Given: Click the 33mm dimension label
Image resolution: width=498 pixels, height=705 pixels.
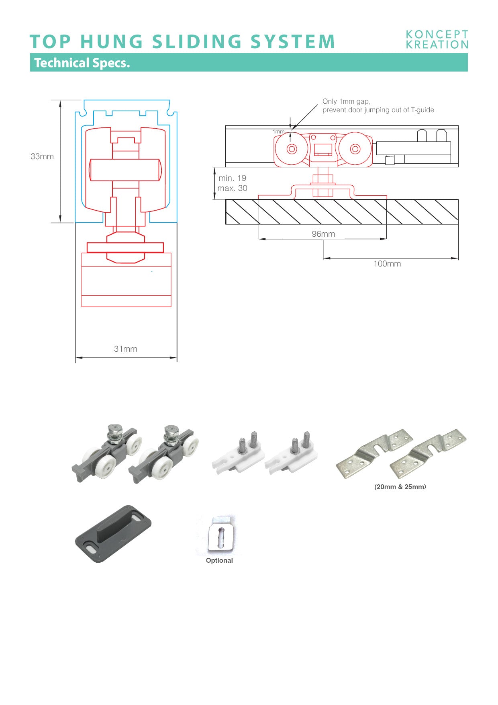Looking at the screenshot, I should pyautogui.click(x=42, y=156).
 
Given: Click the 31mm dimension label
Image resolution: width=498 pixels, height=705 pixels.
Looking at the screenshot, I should pyautogui.click(x=125, y=349).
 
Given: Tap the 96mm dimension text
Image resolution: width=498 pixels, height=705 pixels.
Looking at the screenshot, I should pyautogui.click(x=323, y=234).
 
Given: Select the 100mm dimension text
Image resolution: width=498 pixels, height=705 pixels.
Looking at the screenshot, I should pyautogui.click(x=387, y=264).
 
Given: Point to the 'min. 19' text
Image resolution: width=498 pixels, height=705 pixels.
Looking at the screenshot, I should pyautogui.click(x=232, y=178).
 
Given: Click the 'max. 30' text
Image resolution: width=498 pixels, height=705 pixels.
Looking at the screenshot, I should pyautogui.click(x=232, y=188).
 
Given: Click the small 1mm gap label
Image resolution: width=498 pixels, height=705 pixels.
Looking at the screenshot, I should pyautogui.click(x=278, y=132).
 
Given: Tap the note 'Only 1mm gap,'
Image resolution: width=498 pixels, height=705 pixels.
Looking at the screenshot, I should pyautogui.click(x=346, y=101).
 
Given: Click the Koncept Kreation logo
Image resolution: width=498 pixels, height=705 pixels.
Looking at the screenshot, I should pyautogui.click(x=437, y=40).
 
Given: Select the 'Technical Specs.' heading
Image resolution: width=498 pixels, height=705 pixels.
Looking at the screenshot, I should pyautogui.click(x=82, y=63).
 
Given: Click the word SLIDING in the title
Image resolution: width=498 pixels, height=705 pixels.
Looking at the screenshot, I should pyautogui.click(x=196, y=42).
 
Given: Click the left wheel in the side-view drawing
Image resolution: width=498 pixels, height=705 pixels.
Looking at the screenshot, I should pyautogui.click(x=292, y=149).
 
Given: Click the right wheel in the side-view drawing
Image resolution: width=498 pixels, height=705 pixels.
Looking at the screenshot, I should pyautogui.click(x=355, y=149).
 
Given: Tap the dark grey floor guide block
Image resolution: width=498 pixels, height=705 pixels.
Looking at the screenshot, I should pyautogui.click(x=113, y=533).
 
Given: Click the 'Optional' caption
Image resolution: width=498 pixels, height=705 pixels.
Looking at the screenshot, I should pyautogui.click(x=219, y=560).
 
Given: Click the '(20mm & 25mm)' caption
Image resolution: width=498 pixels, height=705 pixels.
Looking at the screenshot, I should pyautogui.click(x=400, y=487).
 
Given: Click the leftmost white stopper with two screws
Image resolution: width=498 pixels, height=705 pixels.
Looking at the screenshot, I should pyautogui.click(x=238, y=454).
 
